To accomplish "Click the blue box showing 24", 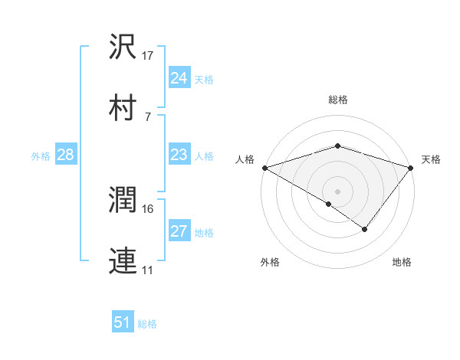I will pyautogui.click(x=179, y=78).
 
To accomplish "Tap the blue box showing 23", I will pyautogui.click(x=179, y=155).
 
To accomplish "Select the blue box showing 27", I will pyautogui.click(x=179, y=231).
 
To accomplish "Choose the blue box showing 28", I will pyautogui.click(x=66, y=155).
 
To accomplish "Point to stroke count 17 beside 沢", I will pyautogui.click(x=148, y=56).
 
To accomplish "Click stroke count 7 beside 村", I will pyautogui.click(x=147, y=117).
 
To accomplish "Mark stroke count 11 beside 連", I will pyautogui.click(x=148, y=270).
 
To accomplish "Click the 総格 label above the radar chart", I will pyautogui.click(x=338, y=100).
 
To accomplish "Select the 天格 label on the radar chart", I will pyautogui.click(x=431, y=159).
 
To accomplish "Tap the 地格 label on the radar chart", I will pyautogui.click(x=402, y=263).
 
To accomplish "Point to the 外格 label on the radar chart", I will pyautogui.click(x=270, y=263).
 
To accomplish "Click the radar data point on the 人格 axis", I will pyautogui.click(x=264, y=168).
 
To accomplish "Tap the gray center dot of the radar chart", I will pyautogui.click(x=338, y=191).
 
